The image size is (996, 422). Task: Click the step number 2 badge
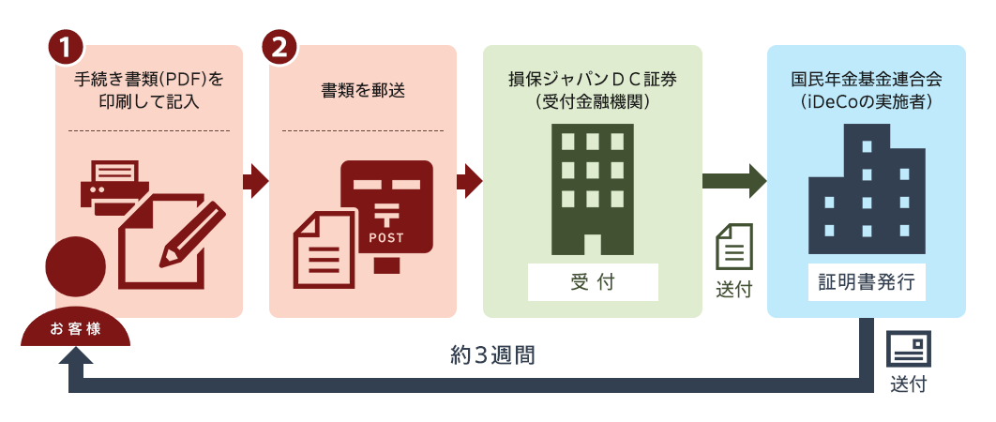279,47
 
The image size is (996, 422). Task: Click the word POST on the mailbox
387,237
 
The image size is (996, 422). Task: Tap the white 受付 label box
593,281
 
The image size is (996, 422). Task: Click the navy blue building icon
866,188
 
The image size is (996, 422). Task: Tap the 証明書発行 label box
866,281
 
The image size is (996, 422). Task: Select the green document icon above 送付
734,247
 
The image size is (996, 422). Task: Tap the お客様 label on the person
75,329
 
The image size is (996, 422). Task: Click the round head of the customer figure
75,264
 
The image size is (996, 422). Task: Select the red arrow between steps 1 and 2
255,178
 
